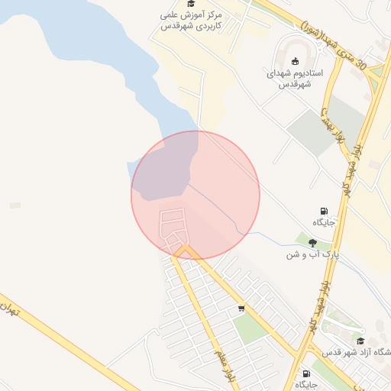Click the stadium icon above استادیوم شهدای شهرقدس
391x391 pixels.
point(296,61)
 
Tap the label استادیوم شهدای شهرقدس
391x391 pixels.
point(295,79)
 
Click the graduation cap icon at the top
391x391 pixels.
point(191,4)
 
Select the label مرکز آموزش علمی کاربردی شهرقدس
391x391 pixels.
point(192,20)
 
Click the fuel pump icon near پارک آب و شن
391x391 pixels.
point(325,211)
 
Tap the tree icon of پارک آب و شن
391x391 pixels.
point(312,243)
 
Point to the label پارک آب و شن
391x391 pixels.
point(312,254)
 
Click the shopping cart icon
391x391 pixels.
point(241,309)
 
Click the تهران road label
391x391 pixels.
point(8,309)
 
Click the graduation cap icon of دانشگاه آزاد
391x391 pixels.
point(360,341)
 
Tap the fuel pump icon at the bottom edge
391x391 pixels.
point(307,373)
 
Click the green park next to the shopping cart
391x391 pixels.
point(249,329)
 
